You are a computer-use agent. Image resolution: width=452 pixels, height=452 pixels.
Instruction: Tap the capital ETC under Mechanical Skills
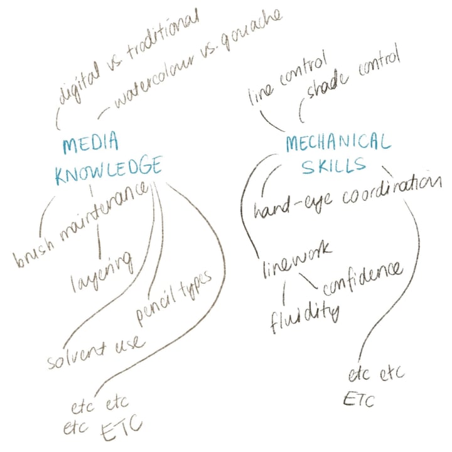358,399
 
